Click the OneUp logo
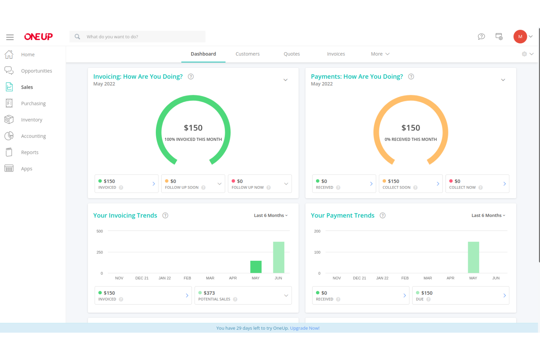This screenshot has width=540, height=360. coord(38,37)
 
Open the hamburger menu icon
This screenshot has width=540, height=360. coord(10,37)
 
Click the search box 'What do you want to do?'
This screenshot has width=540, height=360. coord(142,37)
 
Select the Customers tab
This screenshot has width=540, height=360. coord(247,54)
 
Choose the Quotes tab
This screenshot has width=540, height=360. coord(292,54)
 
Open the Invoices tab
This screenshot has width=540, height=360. coord(336,54)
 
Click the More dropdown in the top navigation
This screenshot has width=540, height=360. coord(380,54)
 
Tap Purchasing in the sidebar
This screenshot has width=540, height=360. coord(33,104)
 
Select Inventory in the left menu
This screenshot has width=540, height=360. coord(31,120)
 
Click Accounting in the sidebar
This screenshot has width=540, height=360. coord(33,136)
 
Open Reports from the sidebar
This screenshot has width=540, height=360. coord(30,152)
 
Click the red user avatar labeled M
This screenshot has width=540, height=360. coord(520,37)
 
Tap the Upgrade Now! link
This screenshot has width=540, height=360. coord(305,328)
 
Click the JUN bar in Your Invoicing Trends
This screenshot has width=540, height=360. coord(278,257)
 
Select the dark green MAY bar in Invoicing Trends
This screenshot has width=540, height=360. coord(256,267)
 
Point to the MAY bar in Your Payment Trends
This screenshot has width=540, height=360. coord(473,257)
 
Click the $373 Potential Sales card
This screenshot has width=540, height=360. coord(243,295)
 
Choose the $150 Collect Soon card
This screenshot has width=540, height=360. coord(410,184)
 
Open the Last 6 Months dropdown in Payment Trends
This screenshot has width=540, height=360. coord(488,216)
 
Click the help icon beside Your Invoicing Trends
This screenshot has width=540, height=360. coord(165,216)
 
